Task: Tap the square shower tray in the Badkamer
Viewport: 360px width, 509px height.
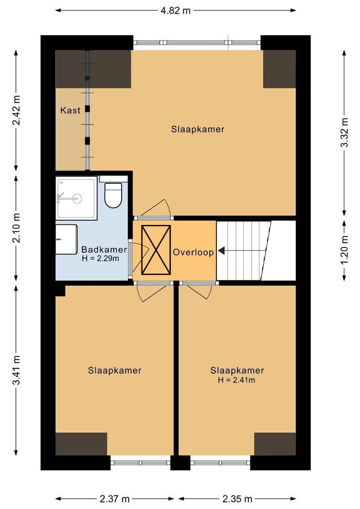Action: point(76,198)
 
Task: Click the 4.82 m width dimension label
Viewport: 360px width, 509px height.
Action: point(175,10)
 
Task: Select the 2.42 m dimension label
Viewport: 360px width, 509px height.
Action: point(16,111)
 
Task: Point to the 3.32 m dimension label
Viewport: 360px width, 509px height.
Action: point(344,132)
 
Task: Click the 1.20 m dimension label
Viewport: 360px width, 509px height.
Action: point(344,248)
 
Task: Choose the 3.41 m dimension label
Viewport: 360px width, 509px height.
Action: point(16,370)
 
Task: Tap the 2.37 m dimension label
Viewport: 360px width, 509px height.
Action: point(115,499)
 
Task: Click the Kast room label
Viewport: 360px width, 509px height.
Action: point(70,111)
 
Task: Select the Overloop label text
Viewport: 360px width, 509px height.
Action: point(193,252)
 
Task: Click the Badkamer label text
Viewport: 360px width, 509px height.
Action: point(104,249)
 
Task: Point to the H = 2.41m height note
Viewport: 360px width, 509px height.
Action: point(237,380)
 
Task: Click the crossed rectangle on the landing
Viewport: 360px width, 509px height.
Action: point(156,249)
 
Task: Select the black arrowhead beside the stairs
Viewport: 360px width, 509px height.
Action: point(221,252)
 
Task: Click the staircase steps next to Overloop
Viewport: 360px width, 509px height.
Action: point(243,250)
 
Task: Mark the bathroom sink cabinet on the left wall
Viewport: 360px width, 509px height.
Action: point(66,239)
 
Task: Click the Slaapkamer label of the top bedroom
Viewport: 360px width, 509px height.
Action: point(197,129)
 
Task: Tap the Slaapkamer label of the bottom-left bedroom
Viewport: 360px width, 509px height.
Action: point(115,370)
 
